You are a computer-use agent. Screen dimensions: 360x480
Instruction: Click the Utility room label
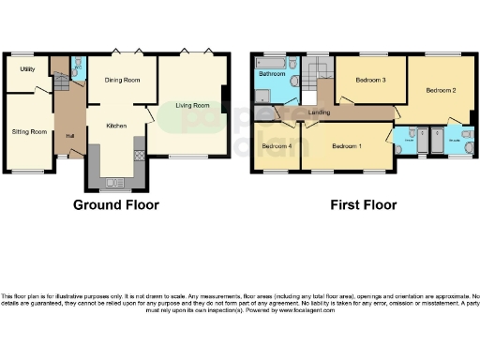28,69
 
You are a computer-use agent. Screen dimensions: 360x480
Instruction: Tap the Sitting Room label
28,131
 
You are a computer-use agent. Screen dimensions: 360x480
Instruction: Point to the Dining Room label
122,81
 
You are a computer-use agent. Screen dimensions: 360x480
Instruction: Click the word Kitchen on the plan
116,125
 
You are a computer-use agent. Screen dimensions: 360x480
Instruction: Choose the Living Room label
192,105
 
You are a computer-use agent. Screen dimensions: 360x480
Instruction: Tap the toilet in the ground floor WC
78,68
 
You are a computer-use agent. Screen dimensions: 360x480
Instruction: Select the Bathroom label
272,72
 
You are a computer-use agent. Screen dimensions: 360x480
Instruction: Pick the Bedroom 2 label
441,91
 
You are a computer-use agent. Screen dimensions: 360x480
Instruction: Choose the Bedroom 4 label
276,146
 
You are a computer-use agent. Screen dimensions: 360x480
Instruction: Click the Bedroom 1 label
347,146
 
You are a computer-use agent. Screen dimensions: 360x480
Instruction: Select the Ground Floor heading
115,204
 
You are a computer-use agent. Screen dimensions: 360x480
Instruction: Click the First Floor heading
364,204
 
